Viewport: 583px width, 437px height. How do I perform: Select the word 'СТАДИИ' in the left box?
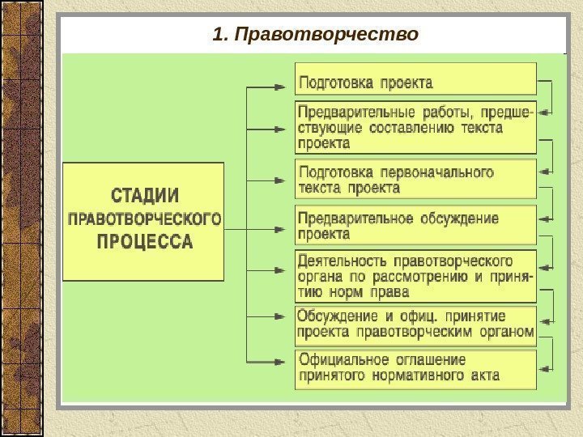coord(144,197)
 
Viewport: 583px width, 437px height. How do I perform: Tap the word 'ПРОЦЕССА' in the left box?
coord(144,241)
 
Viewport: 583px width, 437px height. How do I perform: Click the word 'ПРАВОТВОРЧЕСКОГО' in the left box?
coord(144,218)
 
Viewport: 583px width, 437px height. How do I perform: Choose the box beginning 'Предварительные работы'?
coord(415,127)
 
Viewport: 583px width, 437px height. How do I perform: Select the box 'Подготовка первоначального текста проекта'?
coord(415,179)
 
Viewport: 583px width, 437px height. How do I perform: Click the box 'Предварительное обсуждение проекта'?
coord(415,226)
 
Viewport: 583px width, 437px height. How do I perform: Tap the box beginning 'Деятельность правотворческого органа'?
coord(415,275)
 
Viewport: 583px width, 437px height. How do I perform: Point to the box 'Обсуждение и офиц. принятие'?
coord(415,324)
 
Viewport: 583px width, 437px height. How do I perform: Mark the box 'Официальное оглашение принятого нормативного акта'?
coord(415,368)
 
